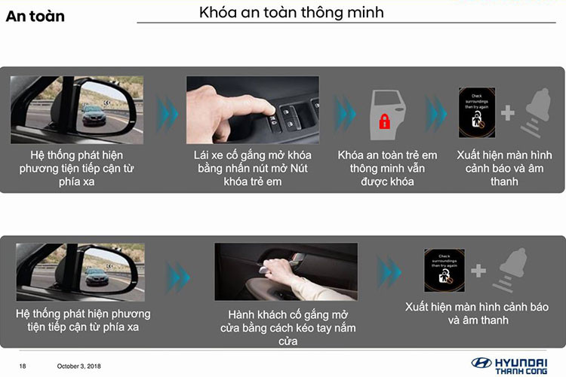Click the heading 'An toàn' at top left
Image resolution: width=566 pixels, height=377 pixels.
pos(35,15)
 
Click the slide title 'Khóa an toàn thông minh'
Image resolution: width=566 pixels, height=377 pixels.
pos(291,12)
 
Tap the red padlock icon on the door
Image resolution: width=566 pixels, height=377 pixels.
pos(384,121)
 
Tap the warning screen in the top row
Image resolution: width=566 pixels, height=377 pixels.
pos(477,112)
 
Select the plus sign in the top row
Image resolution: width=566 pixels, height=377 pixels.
pos(507,113)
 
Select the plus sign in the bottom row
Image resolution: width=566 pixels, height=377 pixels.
pos(478,271)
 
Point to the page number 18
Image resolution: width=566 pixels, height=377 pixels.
pos(23,366)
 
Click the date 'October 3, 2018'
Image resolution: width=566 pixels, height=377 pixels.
pos(79,366)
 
